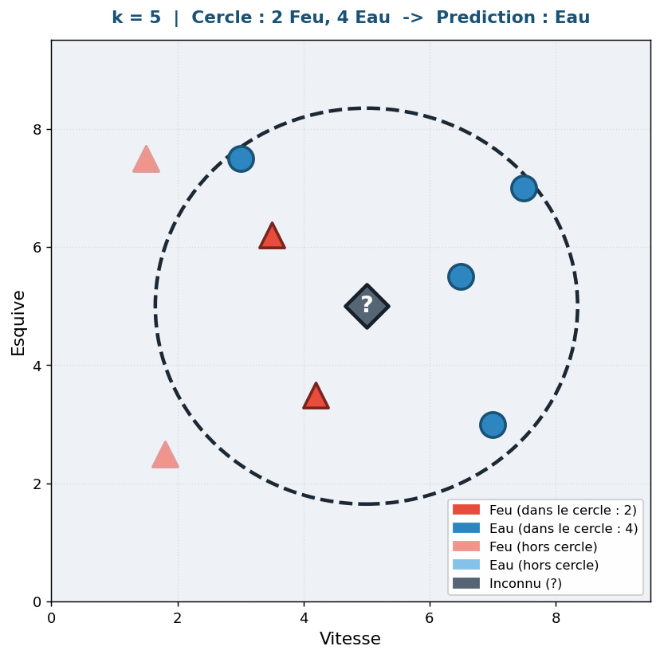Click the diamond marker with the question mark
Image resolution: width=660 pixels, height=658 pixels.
[x=367, y=306]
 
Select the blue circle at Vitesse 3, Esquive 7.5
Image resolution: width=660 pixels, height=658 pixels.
[x=241, y=159]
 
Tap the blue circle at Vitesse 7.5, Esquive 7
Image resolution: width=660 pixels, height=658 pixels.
[x=524, y=188]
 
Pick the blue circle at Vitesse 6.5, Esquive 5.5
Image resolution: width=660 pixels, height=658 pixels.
[x=461, y=276]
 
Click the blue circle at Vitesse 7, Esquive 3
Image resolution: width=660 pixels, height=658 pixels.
[x=493, y=425]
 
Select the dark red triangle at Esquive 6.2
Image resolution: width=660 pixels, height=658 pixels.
[x=272, y=237]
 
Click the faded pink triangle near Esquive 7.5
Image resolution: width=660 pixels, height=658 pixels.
[x=146, y=161]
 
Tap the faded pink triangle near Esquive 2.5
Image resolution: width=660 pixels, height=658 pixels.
[x=165, y=456]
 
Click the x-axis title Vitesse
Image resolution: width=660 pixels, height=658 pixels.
[x=350, y=639]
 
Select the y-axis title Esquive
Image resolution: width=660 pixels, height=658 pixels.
[x=18, y=322]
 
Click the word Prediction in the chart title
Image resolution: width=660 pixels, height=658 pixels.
[x=480, y=18]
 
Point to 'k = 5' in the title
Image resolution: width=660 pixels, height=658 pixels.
[x=136, y=18]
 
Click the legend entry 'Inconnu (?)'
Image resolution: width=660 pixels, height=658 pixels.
[x=525, y=583]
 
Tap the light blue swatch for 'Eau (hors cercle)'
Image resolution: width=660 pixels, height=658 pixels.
[x=466, y=565]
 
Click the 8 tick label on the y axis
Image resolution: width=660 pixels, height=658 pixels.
[x=37, y=129]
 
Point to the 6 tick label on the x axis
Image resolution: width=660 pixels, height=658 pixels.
[x=430, y=617]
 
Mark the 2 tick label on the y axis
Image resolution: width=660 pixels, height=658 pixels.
[x=37, y=484]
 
